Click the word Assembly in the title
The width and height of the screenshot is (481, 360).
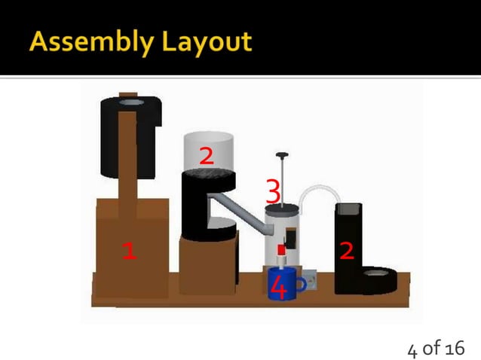[94, 42]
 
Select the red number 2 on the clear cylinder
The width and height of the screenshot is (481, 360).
[206, 157]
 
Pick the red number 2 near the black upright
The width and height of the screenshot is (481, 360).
[347, 252]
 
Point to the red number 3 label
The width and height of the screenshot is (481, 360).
[274, 191]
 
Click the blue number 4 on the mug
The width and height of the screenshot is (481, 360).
[280, 287]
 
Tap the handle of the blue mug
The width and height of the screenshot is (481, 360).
[300, 284]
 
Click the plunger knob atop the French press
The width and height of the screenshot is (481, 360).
[282, 156]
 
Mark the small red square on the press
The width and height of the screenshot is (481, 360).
[281, 249]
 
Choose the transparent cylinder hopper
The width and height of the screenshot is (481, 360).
[207, 151]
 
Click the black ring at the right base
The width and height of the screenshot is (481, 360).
[375, 280]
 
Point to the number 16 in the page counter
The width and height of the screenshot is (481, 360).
[455, 349]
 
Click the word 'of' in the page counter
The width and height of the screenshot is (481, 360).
[431, 349]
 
